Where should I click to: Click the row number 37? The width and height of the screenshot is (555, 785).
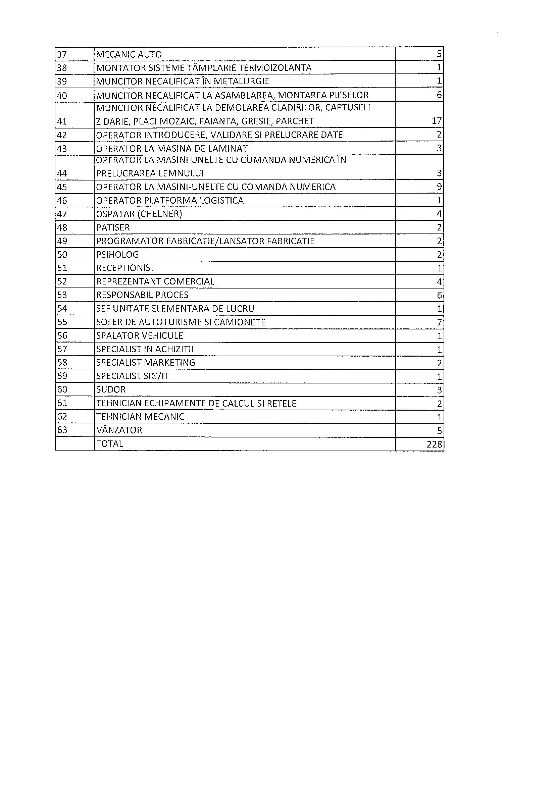(61, 54)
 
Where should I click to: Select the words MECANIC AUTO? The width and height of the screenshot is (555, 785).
(129, 54)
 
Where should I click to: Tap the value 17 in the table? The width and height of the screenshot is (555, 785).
(437, 121)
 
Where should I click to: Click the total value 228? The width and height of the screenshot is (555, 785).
(434, 444)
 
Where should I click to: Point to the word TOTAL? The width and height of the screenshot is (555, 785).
(109, 444)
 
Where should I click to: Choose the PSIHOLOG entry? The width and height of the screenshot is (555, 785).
(117, 255)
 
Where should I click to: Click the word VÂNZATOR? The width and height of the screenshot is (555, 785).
(119, 430)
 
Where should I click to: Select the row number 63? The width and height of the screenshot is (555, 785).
(62, 430)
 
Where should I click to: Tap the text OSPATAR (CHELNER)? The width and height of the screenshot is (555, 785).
(139, 214)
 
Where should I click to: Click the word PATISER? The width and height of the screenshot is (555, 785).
(113, 228)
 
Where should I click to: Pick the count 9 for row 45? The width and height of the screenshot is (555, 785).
(439, 187)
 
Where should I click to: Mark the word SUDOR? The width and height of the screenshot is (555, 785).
(111, 390)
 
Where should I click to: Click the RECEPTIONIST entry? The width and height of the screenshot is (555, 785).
(125, 268)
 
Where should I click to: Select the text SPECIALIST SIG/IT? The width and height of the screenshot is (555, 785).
(132, 376)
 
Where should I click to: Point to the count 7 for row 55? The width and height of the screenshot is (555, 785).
(439, 322)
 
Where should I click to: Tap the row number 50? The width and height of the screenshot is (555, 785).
(62, 255)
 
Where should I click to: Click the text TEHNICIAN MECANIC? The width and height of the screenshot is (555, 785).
(140, 417)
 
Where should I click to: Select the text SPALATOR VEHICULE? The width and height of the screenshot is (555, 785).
(140, 336)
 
